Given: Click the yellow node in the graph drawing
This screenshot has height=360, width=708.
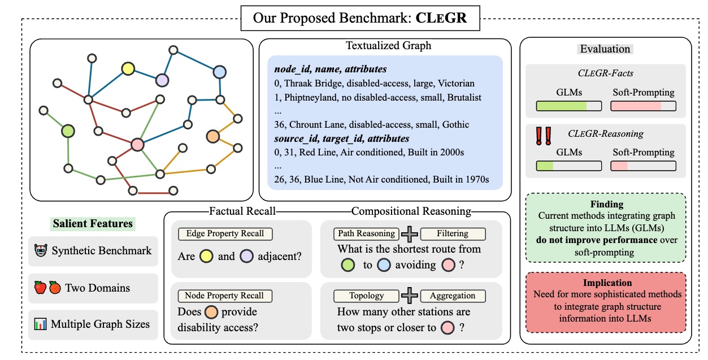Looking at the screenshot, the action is [x=128, y=68].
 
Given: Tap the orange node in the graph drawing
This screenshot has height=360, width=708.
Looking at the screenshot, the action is [x=212, y=137].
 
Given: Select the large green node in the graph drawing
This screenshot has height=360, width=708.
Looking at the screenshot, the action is [x=68, y=131].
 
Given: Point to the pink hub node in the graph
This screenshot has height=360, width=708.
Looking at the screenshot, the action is [x=137, y=145].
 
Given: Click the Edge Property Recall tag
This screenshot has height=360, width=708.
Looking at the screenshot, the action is [x=225, y=233].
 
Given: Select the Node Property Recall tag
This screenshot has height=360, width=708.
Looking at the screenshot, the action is [x=225, y=296].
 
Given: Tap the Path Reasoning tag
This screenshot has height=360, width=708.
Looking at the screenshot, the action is [x=366, y=233].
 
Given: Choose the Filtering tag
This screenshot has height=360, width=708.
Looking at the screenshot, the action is [x=453, y=233].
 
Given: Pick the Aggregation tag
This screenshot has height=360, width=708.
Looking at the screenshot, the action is [x=453, y=296].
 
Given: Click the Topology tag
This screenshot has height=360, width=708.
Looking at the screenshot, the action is [x=366, y=296].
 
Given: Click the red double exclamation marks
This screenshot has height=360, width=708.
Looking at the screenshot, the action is [x=544, y=136].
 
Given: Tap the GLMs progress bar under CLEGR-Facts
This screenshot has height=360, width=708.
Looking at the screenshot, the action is [x=569, y=106].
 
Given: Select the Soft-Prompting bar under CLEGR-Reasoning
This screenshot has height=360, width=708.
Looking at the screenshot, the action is [x=643, y=166].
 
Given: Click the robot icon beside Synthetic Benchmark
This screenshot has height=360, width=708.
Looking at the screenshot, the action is [x=41, y=250].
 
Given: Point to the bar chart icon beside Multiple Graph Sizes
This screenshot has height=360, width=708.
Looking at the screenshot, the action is [x=41, y=324].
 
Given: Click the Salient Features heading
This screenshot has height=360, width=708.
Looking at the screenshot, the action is [x=93, y=223].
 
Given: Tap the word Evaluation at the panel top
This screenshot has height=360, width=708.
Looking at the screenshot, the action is [x=605, y=49].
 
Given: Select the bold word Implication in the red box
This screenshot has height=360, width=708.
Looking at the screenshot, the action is [x=607, y=283].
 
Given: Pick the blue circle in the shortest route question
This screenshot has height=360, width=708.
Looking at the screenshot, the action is [x=384, y=265].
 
